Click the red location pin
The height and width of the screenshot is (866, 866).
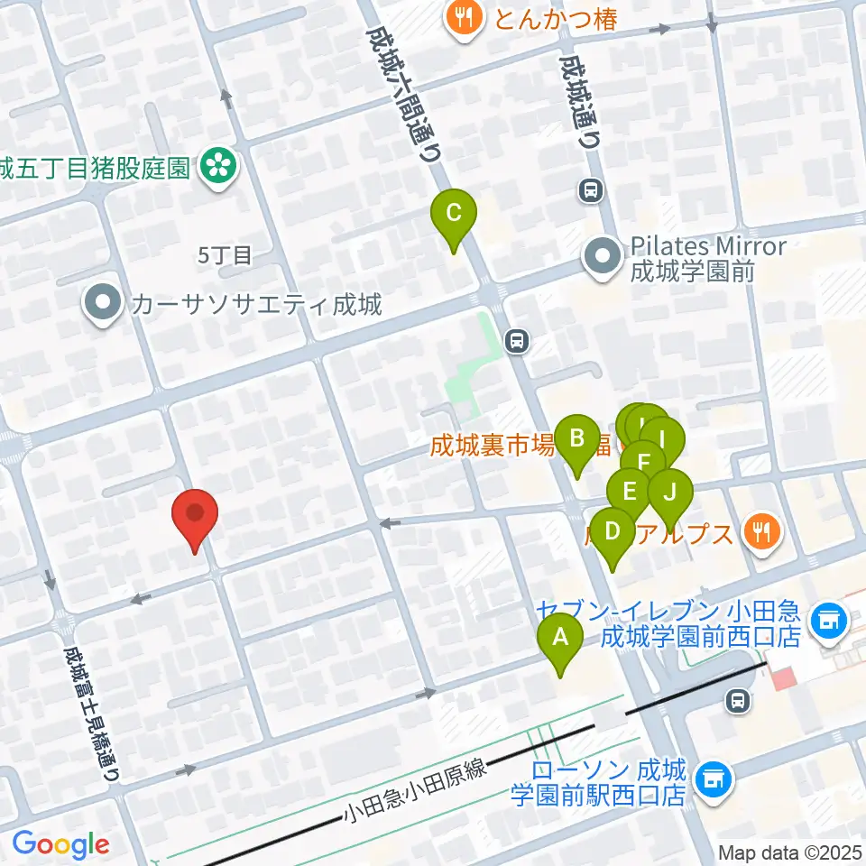tap(195, 516)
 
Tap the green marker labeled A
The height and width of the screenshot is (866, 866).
tap(560, 640)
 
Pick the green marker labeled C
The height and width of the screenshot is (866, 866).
tap(454, 215)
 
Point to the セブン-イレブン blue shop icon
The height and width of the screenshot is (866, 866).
tap(826, 619)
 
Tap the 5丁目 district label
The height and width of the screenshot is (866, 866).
tap(225, 256)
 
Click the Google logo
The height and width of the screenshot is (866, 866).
tap(60, 844)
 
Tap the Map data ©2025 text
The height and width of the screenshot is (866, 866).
tap(790, 852)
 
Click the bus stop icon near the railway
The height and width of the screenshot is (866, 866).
tap(739, 699)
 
